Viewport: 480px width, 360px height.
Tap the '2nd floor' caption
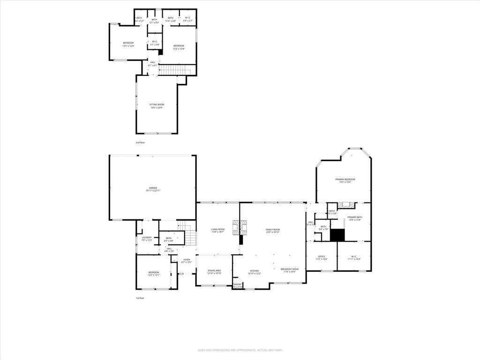click(140, 142)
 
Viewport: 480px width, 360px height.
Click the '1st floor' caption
click(140, 298)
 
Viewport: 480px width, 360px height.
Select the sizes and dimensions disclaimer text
click(240, 350)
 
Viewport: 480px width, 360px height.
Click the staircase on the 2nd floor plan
click(174, 70)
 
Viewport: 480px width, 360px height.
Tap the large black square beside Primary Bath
click(337, 234)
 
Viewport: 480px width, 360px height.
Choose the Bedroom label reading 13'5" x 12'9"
click(128, 45)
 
